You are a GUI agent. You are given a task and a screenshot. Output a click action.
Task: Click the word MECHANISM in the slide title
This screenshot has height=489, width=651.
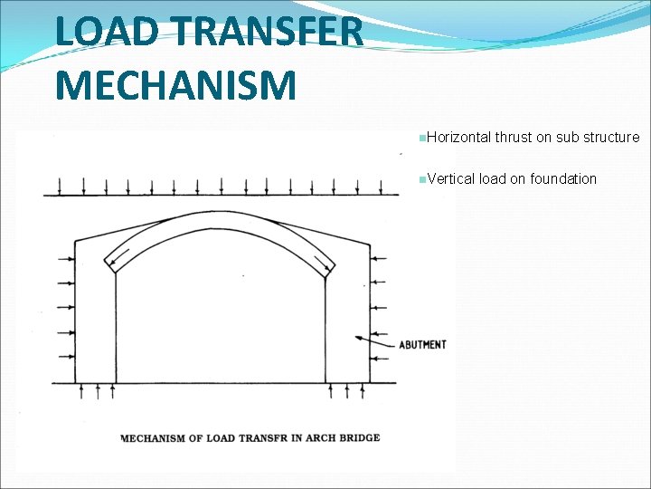point(175,86)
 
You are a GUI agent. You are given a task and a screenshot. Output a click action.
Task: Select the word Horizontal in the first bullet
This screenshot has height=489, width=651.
point(458,138)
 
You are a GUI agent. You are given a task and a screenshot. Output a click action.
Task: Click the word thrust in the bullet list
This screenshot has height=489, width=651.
point(513,138)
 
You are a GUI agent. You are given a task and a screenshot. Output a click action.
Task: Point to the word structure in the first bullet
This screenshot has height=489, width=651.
point(610,138)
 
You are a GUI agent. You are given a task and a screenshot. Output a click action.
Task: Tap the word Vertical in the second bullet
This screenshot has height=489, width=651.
point(451,178)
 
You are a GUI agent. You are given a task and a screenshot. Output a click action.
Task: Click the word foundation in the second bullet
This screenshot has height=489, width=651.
point(563,178)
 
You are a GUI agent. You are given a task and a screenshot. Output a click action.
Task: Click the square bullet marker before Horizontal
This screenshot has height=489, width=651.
point(422,138)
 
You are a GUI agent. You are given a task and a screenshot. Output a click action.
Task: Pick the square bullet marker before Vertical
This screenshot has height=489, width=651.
point(422,179)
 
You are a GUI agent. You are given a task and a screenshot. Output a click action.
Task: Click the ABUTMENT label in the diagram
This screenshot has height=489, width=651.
point(422,344)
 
